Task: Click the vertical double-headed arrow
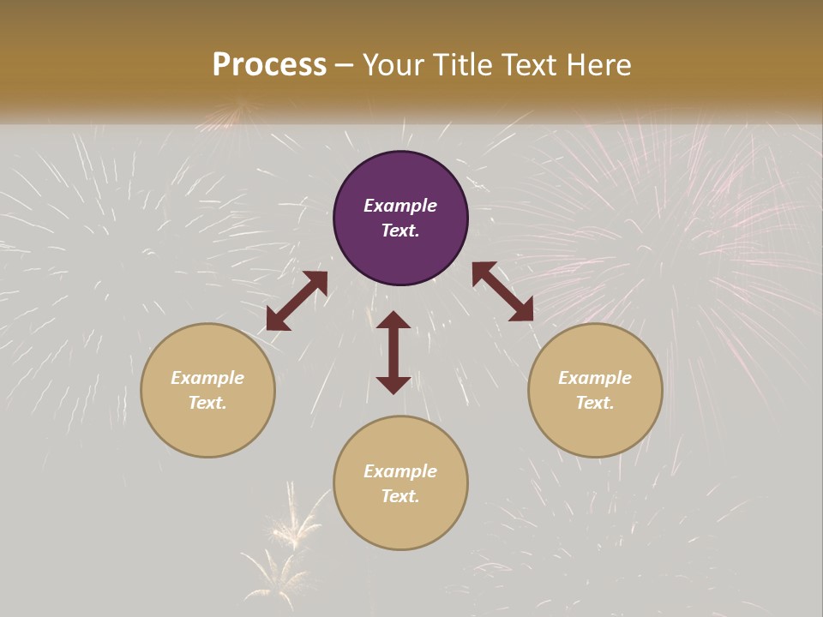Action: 393,352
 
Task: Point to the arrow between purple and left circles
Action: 297,301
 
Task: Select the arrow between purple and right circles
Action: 502,291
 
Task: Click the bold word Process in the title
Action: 269,64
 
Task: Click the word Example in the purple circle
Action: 400,206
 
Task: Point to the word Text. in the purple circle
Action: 400,231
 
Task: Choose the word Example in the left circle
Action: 207,378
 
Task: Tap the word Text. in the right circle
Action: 595,403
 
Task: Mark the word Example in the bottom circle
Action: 400,471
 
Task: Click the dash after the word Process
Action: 345,65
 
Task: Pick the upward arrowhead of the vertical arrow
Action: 393,320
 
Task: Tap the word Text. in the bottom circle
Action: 400,496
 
